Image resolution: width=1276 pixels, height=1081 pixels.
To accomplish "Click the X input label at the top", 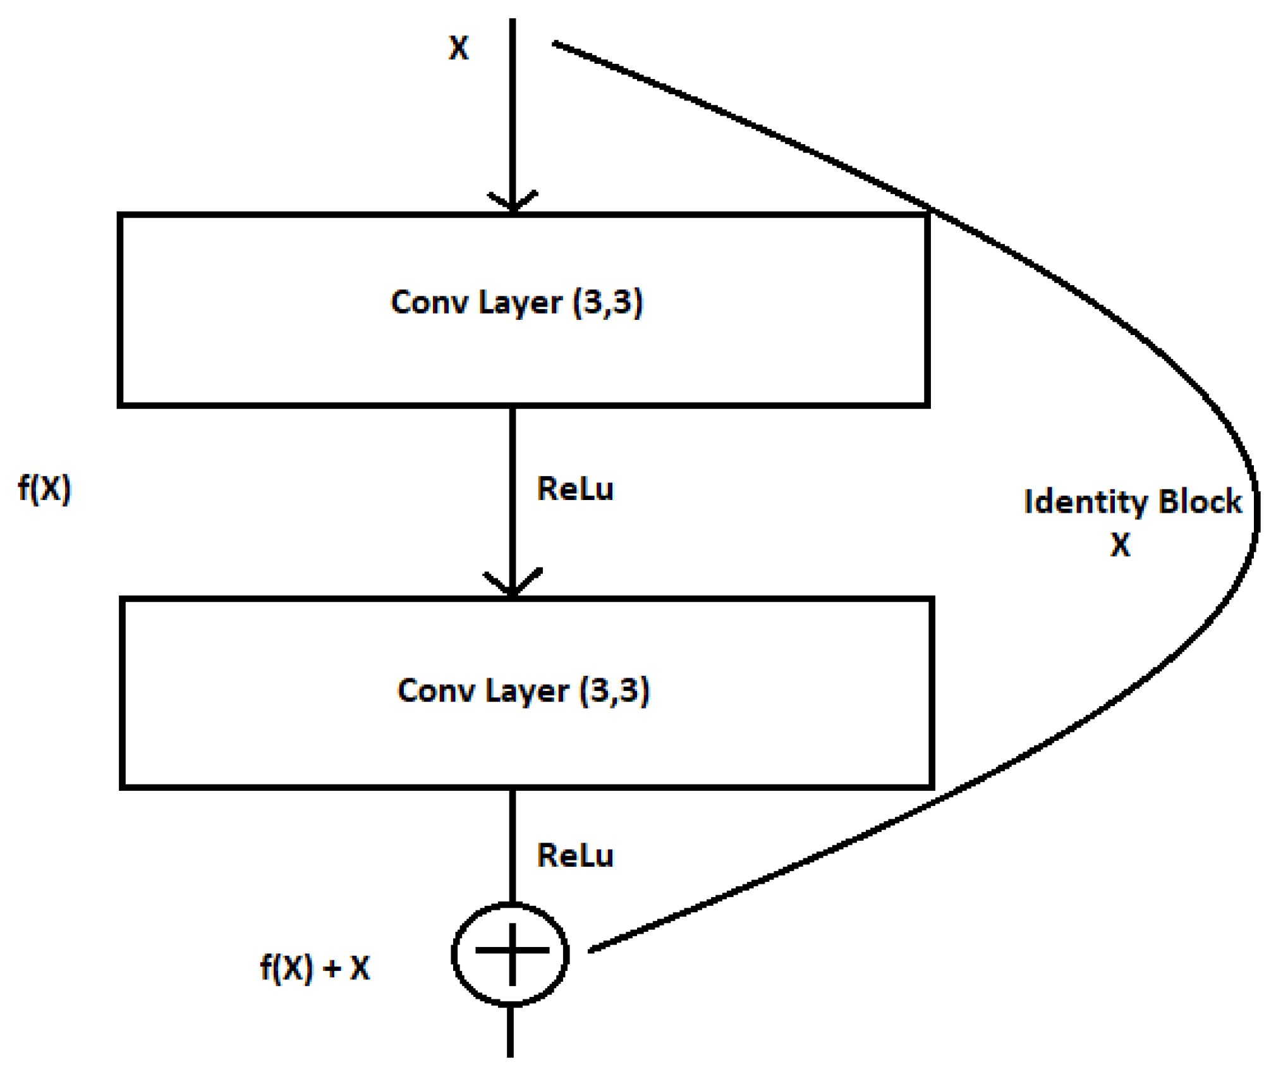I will [x=458, y=48].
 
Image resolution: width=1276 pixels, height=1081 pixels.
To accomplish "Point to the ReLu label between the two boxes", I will [x=574, y=489].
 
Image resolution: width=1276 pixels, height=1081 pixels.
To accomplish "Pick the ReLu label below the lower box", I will [x=574, y=855].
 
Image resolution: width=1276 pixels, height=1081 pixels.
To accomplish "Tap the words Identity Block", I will [x=1132, y=503].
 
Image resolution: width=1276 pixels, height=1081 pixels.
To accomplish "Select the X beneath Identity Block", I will [x=1120, y=544].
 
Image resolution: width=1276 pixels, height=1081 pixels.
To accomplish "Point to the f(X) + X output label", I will [x=315, y=968].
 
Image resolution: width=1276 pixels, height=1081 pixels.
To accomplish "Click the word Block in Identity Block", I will [x=1200, y=502].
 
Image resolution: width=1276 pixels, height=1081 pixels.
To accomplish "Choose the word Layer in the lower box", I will [x=526, y=690].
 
